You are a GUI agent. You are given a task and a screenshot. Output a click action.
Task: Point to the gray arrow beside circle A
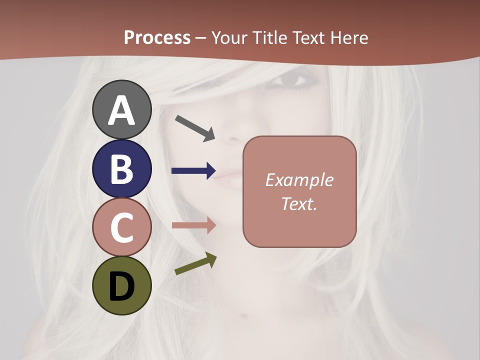(x=195, y=128)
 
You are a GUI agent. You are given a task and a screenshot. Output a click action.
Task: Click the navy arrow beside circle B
(x=193, y=171)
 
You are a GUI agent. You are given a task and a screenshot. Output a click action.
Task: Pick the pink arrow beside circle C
(x=193, y=225)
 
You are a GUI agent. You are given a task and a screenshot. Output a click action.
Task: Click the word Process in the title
(x=157, y=37)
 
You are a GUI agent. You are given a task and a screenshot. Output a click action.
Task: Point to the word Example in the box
(x=299, y=180)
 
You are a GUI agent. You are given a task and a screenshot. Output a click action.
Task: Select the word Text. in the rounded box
(x=299, y=203)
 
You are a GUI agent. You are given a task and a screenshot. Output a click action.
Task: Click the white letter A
(x=121, y=110)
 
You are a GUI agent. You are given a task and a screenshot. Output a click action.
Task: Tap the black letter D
(x=121, y=286)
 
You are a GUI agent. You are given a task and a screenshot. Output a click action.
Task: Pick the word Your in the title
(x=229, y=37)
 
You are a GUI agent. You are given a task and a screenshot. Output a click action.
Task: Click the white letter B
(x=121, y=169)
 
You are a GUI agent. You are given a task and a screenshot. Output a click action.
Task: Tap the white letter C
(x=121, y=227)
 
